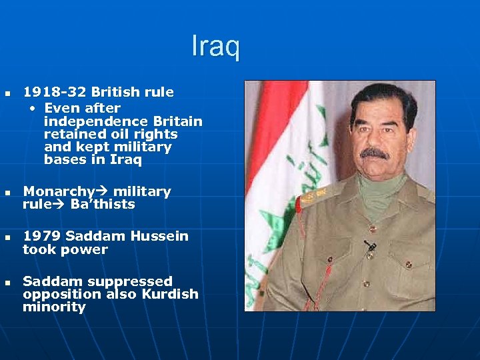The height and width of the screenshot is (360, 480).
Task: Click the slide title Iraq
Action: (215, 47)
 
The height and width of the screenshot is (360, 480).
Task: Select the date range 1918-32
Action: (55, 92)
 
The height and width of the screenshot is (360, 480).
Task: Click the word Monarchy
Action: (58, 192)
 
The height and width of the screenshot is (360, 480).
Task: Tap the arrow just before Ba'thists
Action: (58, 205)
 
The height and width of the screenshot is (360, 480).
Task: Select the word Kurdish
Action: (169, 294)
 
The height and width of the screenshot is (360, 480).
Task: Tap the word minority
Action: (54, 307)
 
